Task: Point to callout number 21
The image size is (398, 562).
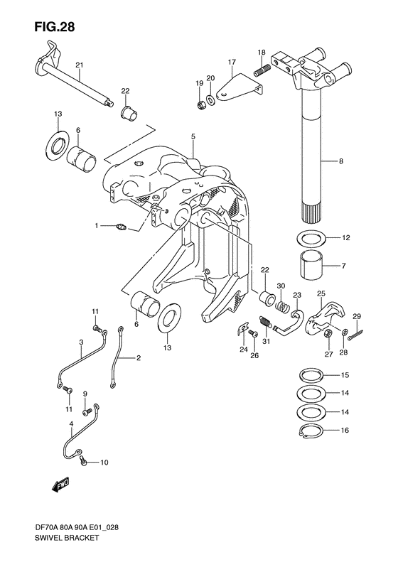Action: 80,65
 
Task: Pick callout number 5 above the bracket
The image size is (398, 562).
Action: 193,136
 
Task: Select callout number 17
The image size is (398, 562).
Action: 231,62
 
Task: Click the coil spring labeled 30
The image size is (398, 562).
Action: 284,307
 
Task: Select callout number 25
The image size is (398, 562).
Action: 321,293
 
